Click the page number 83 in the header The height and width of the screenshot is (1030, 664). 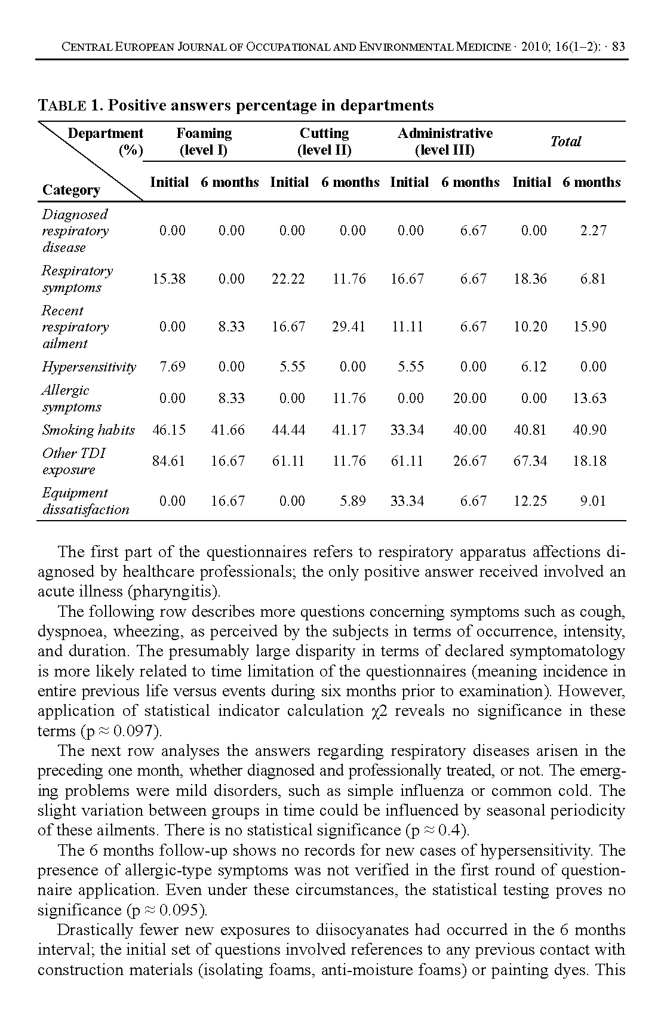pos(618,47)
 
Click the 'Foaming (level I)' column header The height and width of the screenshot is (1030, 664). pos(204,142)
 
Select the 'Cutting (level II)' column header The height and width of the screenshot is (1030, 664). pos(324,142)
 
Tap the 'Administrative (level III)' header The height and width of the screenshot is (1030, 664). pos(445,142)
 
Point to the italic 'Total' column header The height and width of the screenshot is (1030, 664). pos(565,142)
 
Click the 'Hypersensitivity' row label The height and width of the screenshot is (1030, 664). pos(89,367)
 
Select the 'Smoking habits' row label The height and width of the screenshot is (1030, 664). pos(88,430)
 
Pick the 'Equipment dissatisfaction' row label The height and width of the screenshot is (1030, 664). pos(85,501)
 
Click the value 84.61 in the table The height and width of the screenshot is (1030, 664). pos(169,461)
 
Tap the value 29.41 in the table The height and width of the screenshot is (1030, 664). pos(349,327)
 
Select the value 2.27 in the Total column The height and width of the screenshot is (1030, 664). pos(593,230)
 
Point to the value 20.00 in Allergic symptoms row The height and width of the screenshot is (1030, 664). pos(469,398)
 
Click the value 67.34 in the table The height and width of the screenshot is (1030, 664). pos(530,461)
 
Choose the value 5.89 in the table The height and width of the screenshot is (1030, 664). pos(352,501)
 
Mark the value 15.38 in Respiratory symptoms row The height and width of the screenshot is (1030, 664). pos(169,279)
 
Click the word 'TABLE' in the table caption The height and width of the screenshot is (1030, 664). pos(62,106)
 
